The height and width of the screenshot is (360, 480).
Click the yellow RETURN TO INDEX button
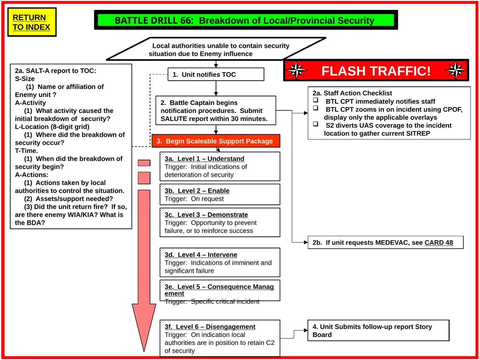pyautogui.click(x=32, y=22)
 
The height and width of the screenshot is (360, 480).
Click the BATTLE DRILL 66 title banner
pyautogui.click(x=246, y=20)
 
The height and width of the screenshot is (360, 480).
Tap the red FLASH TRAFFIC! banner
pyautogui.click(x=376, y=70)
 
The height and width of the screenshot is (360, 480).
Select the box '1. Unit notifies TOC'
pyautogui.click(x=216, y=75)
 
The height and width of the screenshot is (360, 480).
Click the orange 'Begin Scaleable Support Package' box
pyautogui.click(x=216, y=141)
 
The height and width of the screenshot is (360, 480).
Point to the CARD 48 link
pyautogui.click(x=439, y=242)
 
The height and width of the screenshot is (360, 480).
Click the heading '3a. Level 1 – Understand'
pyautogui.click(x=204, y=158)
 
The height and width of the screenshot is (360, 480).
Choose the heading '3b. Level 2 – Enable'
pyautogui.click(x=197, y=191)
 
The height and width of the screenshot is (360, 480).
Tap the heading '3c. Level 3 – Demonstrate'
pyautogui.click(x=206, y=215)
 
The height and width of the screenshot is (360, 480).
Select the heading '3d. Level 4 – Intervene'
pyautogui.click(x=201, y=255)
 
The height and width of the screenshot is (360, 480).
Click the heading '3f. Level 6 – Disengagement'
pyautogui.click(x=210, y=327)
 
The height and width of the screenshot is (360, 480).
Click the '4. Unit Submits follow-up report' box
pyautogui.click(x=378, y=330)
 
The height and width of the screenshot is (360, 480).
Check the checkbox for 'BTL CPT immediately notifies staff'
pyautogui.click(x=315, y=100)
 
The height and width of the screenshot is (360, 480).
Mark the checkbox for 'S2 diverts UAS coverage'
pyautogui.click(x=315, y=124)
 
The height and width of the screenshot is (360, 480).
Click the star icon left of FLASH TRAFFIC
pyautogui.click(x=296, y=70)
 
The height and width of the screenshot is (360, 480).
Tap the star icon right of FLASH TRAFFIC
pyautogui.click(x=456, y=70)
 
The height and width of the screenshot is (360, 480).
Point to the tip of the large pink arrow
pyautogui.click(x=144, y=351)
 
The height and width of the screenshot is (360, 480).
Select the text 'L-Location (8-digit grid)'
pyautogui.click(x=52, y=127)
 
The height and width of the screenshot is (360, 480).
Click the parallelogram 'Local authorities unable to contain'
pyautogui.click(x=216, y=49)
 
